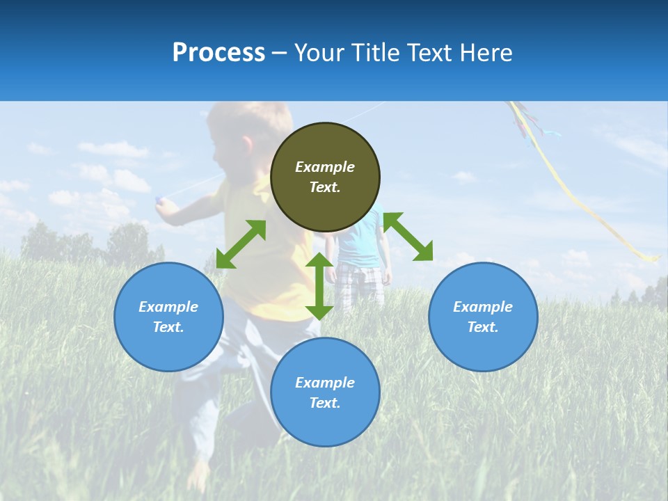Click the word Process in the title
218,53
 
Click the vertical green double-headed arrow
319,286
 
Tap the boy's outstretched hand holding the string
161,202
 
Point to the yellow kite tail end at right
651,258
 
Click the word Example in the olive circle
325,167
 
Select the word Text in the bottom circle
325,403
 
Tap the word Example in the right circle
483,307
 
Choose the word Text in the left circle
168,327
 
